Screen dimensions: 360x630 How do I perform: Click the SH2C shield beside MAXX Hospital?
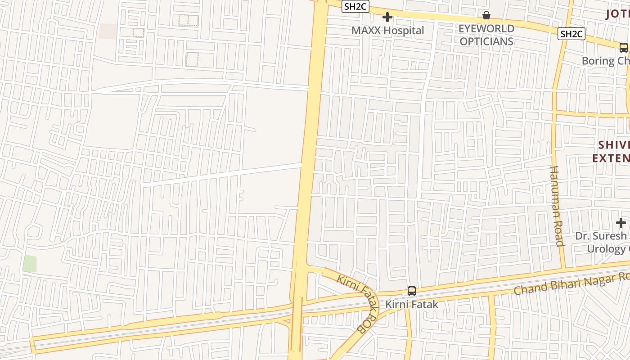[x=355, y=6]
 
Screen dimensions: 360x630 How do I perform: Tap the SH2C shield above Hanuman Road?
[x=571, y=34]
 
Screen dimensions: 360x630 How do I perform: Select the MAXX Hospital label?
[x=387, y=31]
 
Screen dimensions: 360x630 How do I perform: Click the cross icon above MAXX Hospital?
[x=387, y=18]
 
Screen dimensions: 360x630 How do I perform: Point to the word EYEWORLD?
[x=486, y=29]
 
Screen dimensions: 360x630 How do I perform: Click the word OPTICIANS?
[x=486, y=41]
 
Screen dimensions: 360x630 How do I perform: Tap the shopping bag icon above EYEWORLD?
[x=486, y=16]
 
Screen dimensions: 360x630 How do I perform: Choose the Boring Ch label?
[x=605, y=61]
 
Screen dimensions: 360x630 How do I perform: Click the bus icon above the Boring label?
[x=623, y=48]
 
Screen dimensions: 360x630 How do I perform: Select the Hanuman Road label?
[x=557, y=206]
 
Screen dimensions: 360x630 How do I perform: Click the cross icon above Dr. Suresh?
[x=621, y=222]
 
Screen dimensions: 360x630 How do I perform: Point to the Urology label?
[x=607, y=248]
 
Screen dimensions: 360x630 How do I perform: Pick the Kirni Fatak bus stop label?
[x=411, y=305]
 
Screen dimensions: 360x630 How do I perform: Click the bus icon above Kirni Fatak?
[x=411, y=291]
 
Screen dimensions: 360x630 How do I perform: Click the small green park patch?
[x=30, y=264]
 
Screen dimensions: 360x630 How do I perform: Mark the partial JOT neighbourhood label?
[x=617, y=13]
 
